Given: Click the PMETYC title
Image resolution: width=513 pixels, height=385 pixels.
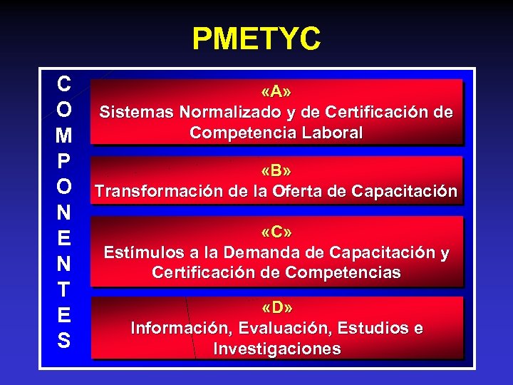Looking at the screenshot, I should point(256,39).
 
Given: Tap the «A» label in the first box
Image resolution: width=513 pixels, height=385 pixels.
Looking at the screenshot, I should point(276,93).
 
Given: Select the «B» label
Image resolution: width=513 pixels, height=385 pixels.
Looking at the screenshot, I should point(276,172).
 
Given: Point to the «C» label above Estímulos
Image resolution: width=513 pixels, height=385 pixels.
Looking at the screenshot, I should point(276,232).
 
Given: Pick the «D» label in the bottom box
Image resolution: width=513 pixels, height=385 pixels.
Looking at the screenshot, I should point(276,308).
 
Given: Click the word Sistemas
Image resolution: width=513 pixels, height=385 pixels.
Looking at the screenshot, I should point(137,112).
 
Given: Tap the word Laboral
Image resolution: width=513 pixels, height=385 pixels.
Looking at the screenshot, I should point(331,133).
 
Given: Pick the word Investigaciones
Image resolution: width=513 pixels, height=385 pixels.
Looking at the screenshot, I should point(276,349).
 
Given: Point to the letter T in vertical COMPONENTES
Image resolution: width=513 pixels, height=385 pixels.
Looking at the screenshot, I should point(63,289).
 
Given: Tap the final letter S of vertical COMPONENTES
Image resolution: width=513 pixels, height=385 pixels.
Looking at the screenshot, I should point(63,341).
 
